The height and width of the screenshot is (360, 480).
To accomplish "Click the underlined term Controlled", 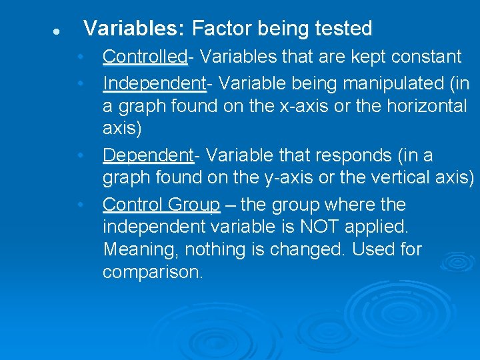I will point(145,57).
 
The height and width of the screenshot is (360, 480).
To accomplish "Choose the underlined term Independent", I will point(153,84).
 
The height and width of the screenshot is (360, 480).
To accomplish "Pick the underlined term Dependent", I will point(147,155).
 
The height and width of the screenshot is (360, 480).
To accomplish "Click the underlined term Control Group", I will point(161,205).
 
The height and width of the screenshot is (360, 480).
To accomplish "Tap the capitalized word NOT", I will point(305,227).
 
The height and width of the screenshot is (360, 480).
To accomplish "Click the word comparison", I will point(152,273).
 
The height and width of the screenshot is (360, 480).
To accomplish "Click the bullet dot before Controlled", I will point(79,57).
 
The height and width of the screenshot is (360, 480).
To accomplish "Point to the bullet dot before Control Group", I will point(79,205).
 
